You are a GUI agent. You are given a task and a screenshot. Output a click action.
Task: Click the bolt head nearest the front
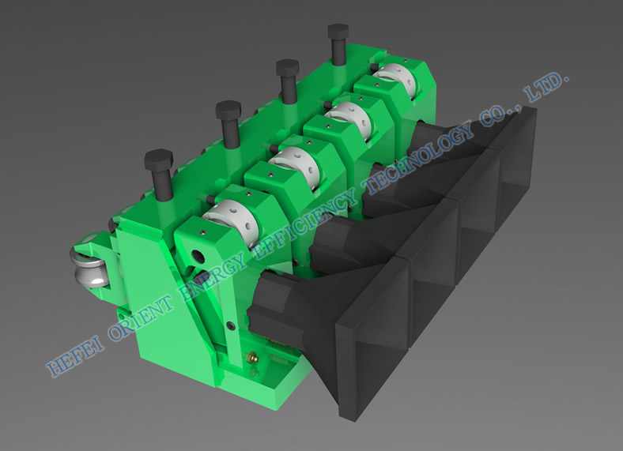click(159, 159)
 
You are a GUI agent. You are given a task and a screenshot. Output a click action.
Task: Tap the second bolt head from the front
click(228, 110)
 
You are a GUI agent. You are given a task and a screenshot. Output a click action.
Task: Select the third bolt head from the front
click(287, 67)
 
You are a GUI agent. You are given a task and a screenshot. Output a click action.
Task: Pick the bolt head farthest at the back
click(338, 31)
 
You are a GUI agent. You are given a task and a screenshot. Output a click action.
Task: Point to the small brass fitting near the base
click(252, 357)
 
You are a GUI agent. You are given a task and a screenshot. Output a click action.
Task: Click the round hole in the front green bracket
click(198, 257)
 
